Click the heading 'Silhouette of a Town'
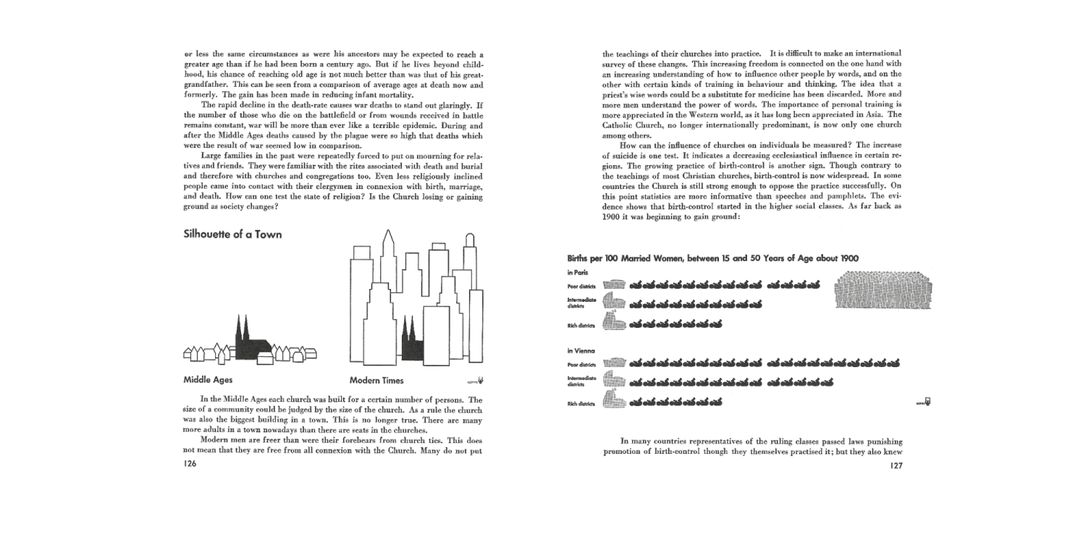pyautogui.click(x=232, y=235)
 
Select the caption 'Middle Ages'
pyautogui.click(x=208, y=380)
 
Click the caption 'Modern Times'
pyautogui.click(x=376, y=381)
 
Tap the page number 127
pyautogui.click(x=895, y=466)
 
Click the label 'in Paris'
pyautogui.click(x=578, y=272)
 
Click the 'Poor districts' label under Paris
pyautogui.click(x=582, y=286)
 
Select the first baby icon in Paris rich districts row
pyautogui.click(x=636, y=324)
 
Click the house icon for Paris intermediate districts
pyautogui.click(x=614, y=303)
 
